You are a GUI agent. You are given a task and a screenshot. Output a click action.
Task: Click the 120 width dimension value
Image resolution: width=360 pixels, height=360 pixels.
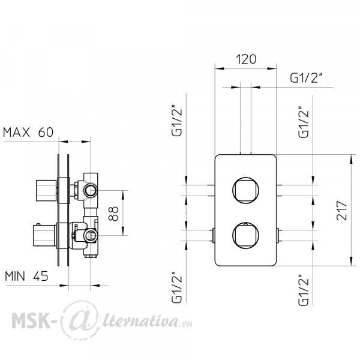point(246,59)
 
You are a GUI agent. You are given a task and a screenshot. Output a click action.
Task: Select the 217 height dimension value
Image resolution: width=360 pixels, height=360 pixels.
point(341,211)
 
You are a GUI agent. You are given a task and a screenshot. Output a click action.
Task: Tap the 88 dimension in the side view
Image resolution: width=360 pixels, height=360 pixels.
point(113,214)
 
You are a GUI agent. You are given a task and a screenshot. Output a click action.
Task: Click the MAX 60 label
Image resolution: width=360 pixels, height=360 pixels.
point(28,132)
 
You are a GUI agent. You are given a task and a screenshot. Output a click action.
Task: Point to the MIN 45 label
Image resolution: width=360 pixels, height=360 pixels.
point(26,276)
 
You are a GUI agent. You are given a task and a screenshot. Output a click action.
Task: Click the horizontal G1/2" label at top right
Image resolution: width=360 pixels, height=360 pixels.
point(305,78)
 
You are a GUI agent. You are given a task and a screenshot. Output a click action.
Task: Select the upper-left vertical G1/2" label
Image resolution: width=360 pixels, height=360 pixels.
point(177,121)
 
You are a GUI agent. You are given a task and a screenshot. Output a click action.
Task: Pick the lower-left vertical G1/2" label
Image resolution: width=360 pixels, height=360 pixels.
point(177,287)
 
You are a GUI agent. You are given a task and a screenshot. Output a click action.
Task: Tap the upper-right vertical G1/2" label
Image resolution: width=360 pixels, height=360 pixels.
point(304,122)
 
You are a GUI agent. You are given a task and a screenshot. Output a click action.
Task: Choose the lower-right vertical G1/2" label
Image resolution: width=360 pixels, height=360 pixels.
point(304,290)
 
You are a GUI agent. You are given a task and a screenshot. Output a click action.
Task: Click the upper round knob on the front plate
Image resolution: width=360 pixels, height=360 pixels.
point(245,190)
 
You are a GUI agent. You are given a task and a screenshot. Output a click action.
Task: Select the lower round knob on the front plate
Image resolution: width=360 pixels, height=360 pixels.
point(245,236)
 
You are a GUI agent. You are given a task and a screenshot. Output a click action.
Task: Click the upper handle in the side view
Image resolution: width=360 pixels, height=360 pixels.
point(46,190)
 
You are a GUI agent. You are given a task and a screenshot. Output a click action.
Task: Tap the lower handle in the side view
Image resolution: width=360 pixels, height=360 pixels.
point(44,236)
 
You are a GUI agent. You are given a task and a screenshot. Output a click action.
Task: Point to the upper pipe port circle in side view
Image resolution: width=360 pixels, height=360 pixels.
point(91,190)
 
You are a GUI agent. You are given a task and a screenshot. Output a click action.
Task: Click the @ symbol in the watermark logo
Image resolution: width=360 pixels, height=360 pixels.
point(80,320)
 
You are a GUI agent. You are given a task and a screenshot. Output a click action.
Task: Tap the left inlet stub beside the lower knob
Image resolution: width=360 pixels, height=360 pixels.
point(213,235)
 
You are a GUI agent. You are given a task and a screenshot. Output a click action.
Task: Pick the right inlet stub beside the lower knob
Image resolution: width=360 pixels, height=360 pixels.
point(278,235)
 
